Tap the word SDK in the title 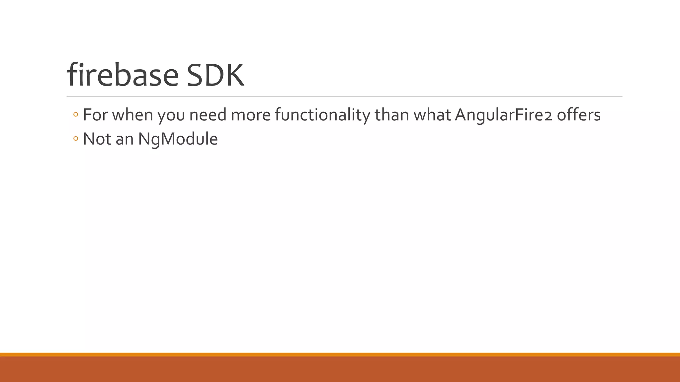215,75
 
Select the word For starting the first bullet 95,115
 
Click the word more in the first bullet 251,115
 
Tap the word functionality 322,115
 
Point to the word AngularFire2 503,115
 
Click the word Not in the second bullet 97,139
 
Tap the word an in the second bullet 125,139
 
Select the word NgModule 178,139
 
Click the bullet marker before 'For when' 76,115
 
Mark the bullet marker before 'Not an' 76,139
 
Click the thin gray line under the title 344,97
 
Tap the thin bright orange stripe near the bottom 340,354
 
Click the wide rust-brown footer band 340,369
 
